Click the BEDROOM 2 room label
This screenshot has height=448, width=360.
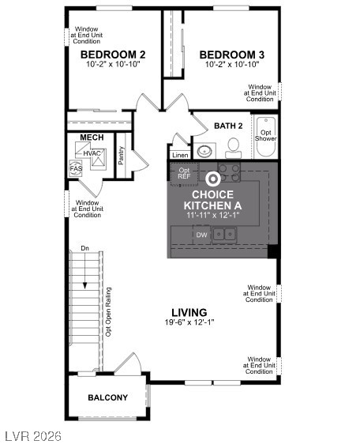click(x=113, y=55)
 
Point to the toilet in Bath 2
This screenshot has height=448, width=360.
click(x=233, y=147)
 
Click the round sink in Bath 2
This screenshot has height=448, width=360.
click(x=204, y=150)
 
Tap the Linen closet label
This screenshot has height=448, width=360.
click(x=180, y=155)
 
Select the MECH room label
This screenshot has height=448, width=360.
click(x=92, y=138)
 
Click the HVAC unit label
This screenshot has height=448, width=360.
click(x=92, y=153)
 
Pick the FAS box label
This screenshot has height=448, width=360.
click(x=76, y=168)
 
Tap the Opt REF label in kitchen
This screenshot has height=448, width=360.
click(x=183, y=173)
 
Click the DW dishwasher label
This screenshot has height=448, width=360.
click(x=201, y=235)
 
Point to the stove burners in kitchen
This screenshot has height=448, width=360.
click(x=230, y=171)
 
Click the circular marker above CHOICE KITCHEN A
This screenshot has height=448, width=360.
click(x=212, y=179)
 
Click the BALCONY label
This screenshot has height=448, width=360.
click(x=107, y=397)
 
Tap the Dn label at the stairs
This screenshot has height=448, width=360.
click(x=84, y=250)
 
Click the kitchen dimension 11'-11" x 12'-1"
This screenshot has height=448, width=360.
click(x=212, y=215)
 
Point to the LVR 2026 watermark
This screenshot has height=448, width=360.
click(x=32, y=436)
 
